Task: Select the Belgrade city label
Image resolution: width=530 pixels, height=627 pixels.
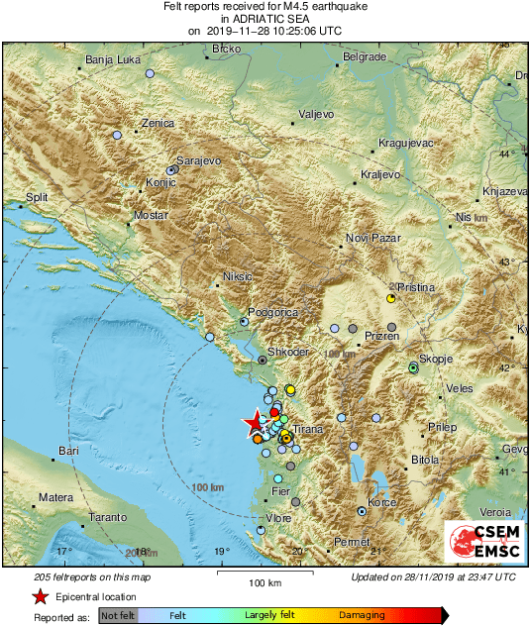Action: coord(363,57)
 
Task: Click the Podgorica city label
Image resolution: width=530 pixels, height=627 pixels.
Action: coord(272,312)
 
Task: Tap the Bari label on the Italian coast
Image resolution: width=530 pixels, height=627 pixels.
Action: coord(68,451)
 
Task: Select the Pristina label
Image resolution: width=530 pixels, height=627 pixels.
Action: coord(417,287)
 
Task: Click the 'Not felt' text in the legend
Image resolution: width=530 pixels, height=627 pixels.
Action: coord(119,615)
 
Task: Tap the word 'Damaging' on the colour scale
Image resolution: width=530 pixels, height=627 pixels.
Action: coord(363,615)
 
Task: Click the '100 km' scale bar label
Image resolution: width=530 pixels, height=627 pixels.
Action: coord(265,581)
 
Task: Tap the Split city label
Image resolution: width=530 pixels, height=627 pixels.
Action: coord(37,198)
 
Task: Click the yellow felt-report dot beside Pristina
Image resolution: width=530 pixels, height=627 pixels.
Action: coord(391,296)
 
